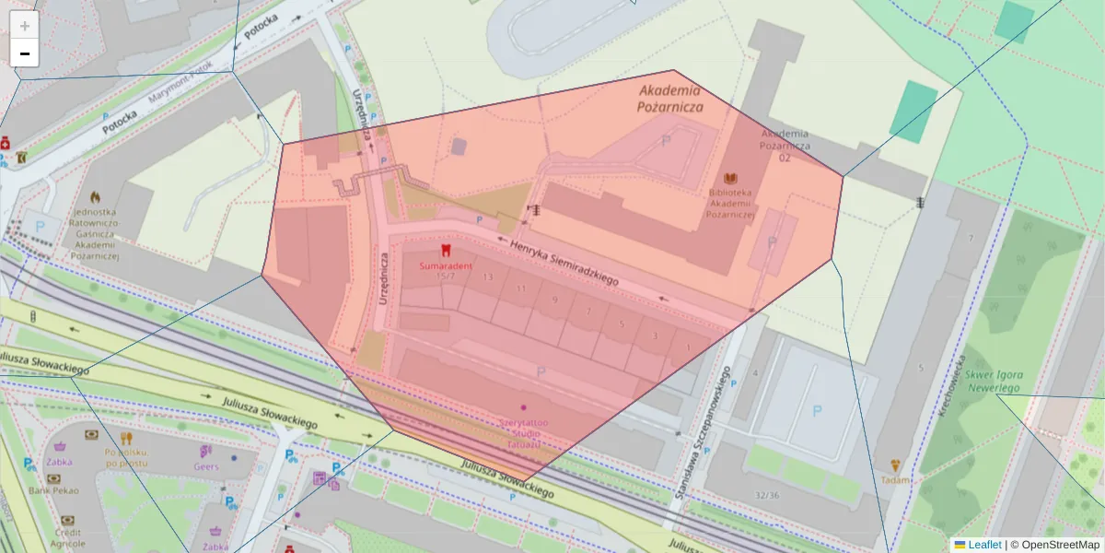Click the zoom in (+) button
point(25,26)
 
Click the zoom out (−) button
point(25,53)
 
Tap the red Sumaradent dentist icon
point(447,250)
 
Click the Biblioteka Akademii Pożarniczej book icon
point(731,178)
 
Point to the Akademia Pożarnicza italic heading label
point(669,99)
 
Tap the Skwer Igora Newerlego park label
point(994,382)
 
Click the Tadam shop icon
point(894,466)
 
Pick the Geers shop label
point(206,466)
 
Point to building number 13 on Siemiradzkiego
point(487,276)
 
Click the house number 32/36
point(766,495)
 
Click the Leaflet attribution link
point(983,545)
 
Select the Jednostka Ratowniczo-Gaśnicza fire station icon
point(94,197)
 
